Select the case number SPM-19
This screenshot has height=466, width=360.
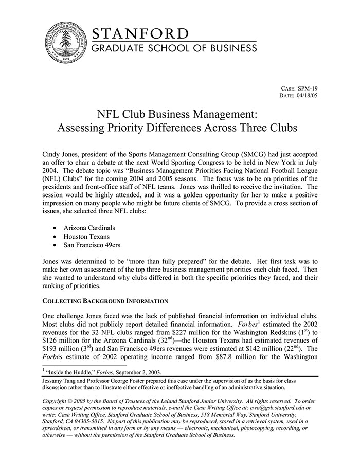[x=305, y=88]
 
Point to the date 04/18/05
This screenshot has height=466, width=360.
[x=306, y=96]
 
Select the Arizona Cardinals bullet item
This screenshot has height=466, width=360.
[x=89, y=227]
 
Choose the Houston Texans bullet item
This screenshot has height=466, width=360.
[x=86, y=236]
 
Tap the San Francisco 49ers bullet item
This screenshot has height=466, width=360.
[x=92, y=245]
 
